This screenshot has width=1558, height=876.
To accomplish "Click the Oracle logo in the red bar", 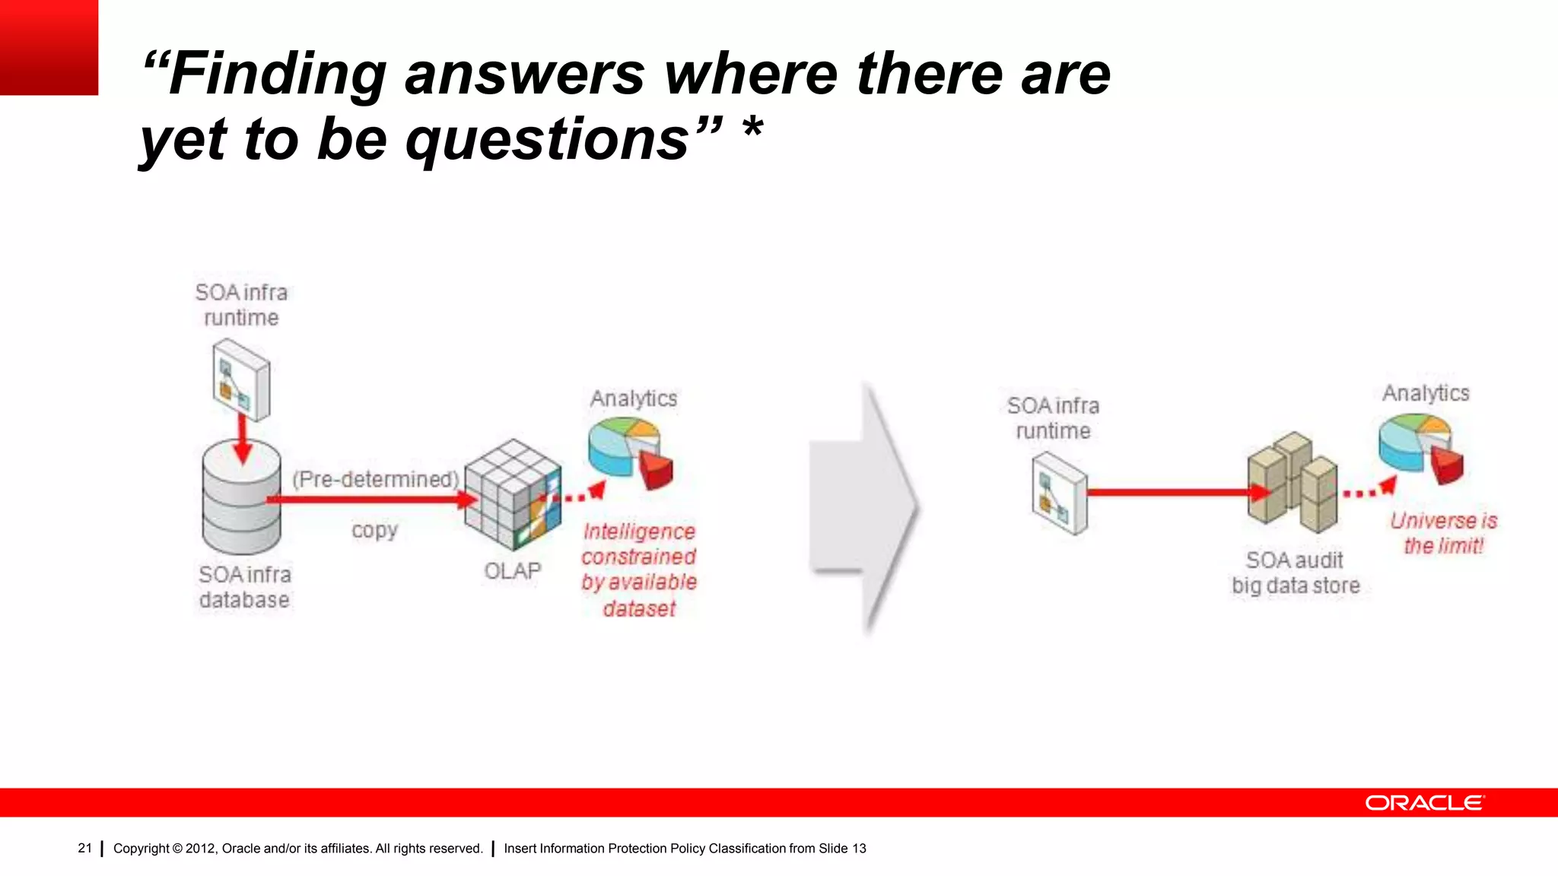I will (x=1423, y=803).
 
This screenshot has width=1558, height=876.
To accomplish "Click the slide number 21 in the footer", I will (x=84, y=848).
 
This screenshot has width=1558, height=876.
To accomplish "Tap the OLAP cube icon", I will (x=513, y=494).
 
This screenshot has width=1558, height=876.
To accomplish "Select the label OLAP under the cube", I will (x=512, y=570).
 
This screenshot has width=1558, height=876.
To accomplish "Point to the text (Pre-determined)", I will (x=376, y=479).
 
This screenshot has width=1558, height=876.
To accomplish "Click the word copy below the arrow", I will (x=374, y=530).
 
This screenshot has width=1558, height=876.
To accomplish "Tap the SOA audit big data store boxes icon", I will (x=1292, y=482).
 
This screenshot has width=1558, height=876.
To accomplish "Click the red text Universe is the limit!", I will (x=1443, y=533).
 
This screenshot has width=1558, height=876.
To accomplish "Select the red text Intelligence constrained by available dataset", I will (x=639, y=569).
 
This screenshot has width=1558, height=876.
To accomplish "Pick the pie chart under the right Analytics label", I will (x=1420, y=446).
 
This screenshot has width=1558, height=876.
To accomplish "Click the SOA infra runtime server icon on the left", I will (x=241, y=379).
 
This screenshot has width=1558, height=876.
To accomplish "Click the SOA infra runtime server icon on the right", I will (x=1060, y=493).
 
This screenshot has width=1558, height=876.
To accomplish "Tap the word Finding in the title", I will (x=278, y=74).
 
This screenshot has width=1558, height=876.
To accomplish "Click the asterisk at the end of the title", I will (x=752, y=129).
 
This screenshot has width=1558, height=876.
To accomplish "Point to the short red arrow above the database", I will (x=242, y=439).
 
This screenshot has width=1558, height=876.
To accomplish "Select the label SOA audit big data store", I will (x=1295, y=573).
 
